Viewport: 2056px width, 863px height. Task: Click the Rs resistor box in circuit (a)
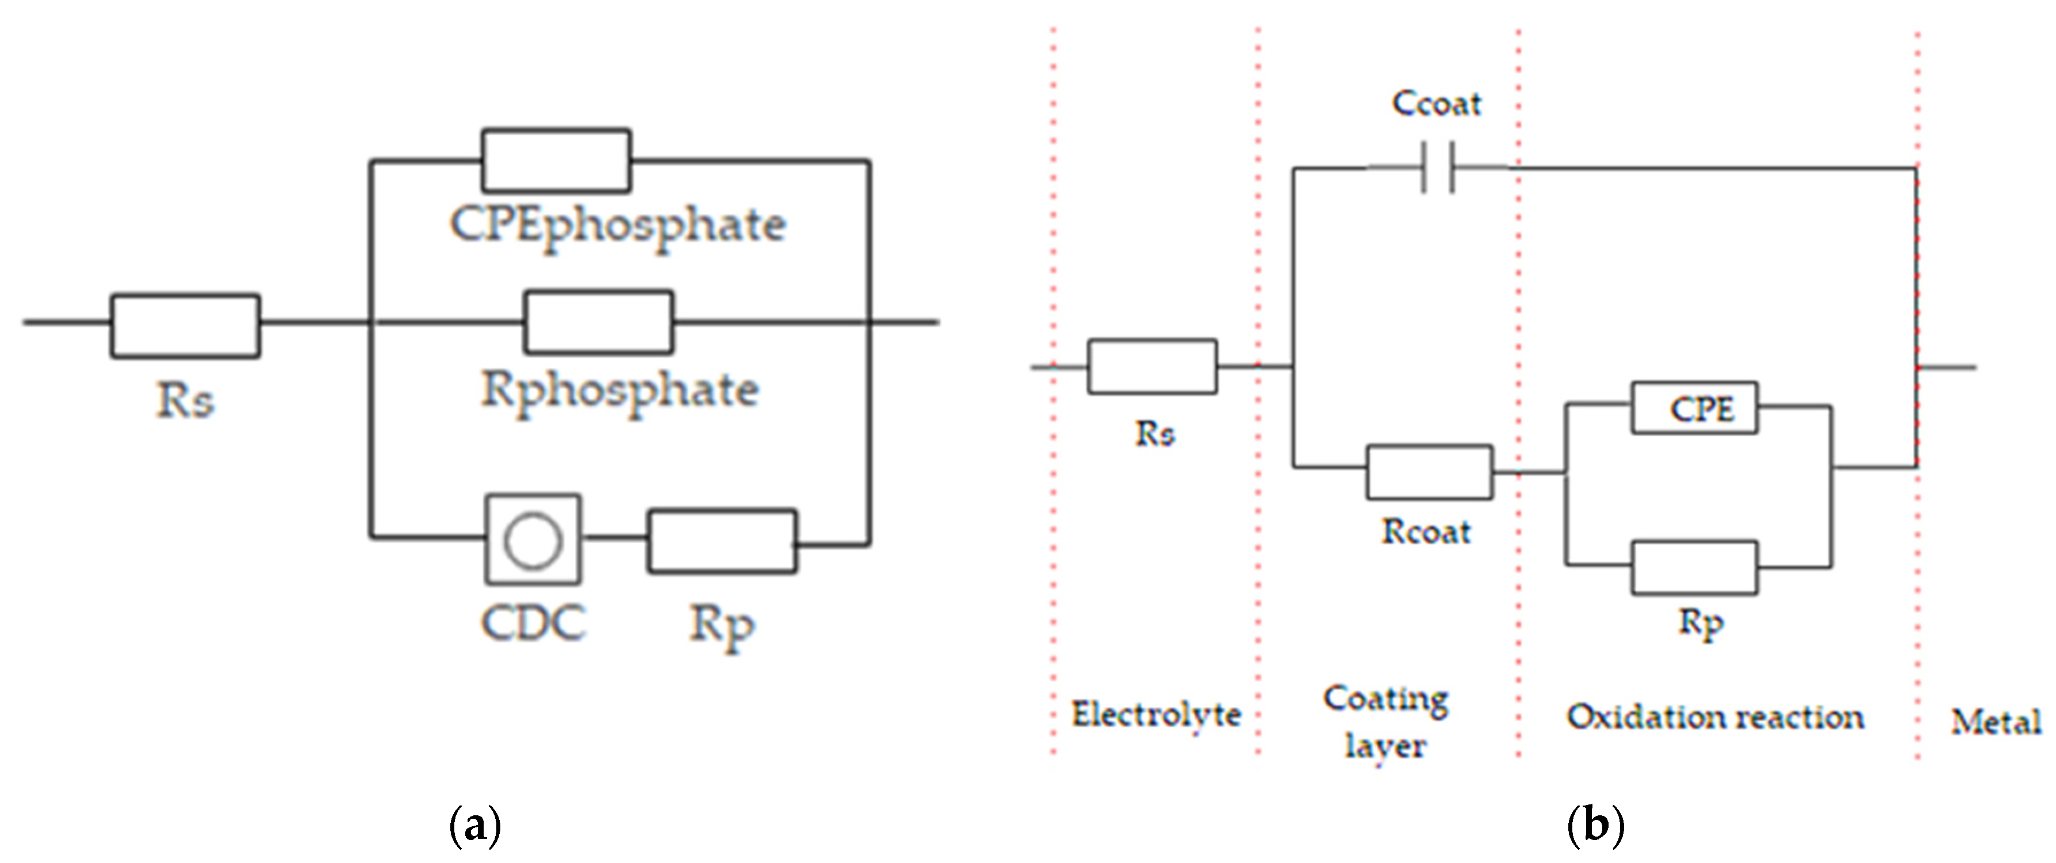click(x=185, y=325)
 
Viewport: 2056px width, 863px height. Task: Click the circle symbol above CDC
click(x=533, y=540)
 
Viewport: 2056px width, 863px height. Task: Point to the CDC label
click(x=533, y=623)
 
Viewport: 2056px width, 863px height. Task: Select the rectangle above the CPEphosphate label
click(x=556, y=161)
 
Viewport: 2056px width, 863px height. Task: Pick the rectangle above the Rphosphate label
click(x=599, y=322)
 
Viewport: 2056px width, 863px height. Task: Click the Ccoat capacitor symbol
click(x=1437, y=168)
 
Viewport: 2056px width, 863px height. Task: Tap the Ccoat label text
click(x=1437, y=103)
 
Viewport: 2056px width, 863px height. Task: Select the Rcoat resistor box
click(x=1430, y=472)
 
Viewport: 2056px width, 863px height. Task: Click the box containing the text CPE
click(x=1694, y=409)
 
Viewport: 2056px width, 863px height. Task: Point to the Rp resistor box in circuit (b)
click(x=1694, y=568)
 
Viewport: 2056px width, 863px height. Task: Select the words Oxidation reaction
click(x=1715, y=717)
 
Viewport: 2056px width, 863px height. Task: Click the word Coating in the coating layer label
click(x=1385, y=699)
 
